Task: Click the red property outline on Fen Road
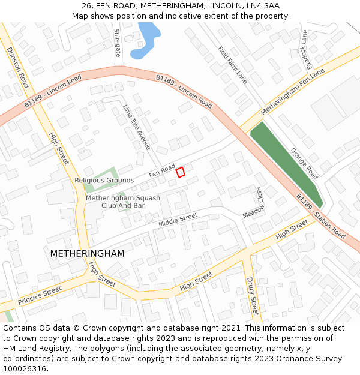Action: click(x=180, y=172)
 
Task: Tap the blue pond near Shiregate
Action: click(x=146, y=41)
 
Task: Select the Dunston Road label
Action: click(x=18, y=65)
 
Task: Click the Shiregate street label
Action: click(x=118, y=43)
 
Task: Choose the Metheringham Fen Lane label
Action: click(x=292, y=92)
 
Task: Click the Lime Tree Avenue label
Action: click(x=137, y=127)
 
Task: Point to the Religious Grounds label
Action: click(x=104, y=180)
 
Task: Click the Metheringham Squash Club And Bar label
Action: click(x=123, y=202)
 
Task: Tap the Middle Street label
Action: click(x=178, y=220)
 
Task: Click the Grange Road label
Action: click(x=304, y=163)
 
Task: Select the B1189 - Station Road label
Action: click(x=320, y=216)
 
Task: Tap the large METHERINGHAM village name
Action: click(x=88, y=254)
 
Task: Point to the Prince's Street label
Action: click(x=40, y=295)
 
